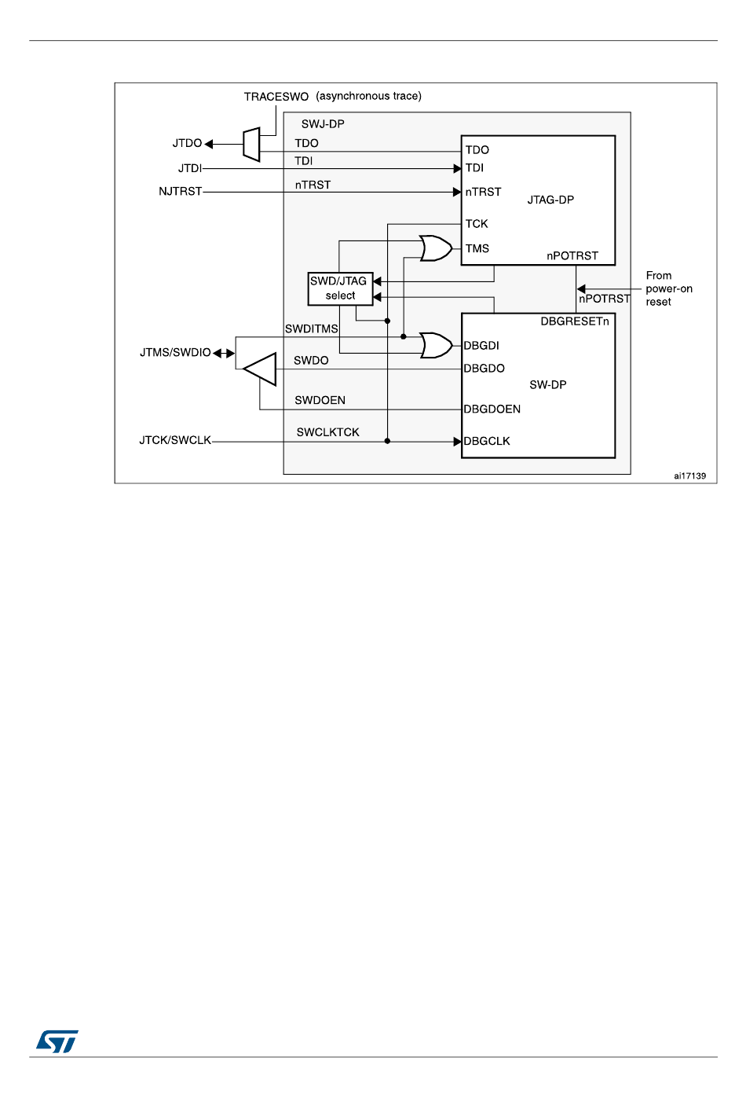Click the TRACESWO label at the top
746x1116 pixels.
coord(276,97)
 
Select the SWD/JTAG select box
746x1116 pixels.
coord(339,288)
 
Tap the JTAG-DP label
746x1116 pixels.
coord(550,200)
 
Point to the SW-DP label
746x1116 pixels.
coord(547,384)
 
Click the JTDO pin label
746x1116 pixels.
coord(187,143)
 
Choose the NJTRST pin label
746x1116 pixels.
coord(180,191)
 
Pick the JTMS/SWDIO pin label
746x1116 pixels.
coord(175,352)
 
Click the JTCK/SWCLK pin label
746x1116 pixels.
coord(175,440)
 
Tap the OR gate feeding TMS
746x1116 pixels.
coord(435,248)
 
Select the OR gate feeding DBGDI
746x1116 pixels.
coord(435,345)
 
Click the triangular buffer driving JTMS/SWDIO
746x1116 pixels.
coord(261,369)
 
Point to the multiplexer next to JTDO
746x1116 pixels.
coord(251,145)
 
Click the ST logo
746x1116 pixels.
coord(57,1041)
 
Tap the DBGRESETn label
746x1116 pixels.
coord(574,321)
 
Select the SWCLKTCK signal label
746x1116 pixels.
coord(327,432)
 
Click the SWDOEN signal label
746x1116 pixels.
coord(320,400)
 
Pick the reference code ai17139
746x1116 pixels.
coord(689,475)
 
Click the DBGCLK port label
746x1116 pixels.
coord(487,441)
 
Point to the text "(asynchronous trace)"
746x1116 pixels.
coord(368,96)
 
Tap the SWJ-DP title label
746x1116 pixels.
coord(323,124)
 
